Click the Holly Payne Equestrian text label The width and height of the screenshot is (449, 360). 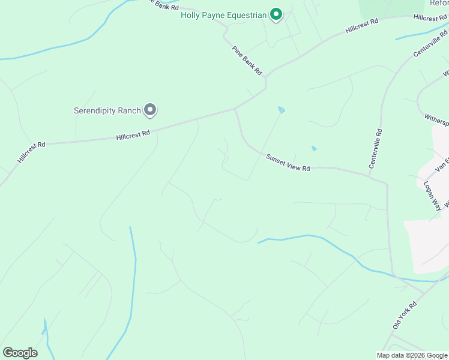tap(223, 15)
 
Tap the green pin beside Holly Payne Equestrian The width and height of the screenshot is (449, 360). tap(276, 14)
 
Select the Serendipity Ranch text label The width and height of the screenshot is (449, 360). tap(107, 110)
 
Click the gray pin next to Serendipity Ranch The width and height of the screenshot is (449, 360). tap(150, 110)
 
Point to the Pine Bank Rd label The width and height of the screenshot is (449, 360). tap(247, 61)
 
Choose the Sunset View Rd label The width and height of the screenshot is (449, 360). tap(288, 163)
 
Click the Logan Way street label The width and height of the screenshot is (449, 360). tap(432, 196)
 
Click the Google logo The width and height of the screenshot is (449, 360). tap(20, 353)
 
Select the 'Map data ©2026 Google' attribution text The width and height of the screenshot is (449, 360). tap(412, 355)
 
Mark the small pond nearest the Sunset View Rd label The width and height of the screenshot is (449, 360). tap(314, 148)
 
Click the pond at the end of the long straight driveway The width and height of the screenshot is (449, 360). tap(281, 110)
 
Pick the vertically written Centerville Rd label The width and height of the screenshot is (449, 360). tap(375, 147)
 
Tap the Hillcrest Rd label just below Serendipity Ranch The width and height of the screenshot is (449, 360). tap(133, 136)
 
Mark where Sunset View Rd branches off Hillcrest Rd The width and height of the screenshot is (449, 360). tap(235, 109)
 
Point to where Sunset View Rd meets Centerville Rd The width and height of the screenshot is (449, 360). tap(385, 180)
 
